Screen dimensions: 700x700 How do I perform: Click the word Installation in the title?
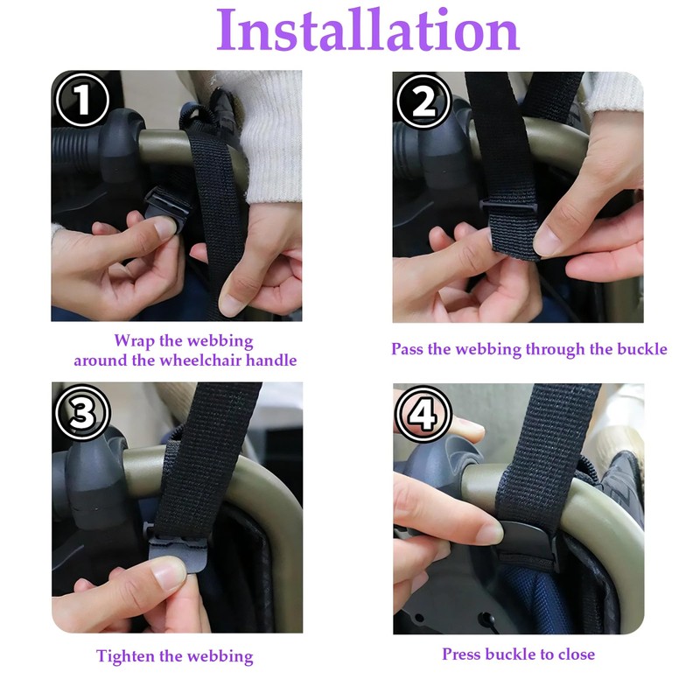coord(367,31)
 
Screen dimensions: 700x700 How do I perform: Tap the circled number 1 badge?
coord(82,100)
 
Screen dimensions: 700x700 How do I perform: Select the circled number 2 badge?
coord(423,101)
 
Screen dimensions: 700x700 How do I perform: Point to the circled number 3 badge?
coord(82,412)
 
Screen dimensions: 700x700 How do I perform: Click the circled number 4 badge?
coord(423,414)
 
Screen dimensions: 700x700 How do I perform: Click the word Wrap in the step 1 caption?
coord(135,341)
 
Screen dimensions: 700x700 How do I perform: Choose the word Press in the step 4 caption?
coord(462,654)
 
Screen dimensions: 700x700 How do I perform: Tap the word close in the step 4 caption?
coord(577,654)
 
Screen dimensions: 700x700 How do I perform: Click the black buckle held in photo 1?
coord(165,207)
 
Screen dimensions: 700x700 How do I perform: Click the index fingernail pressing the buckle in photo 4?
coord(491,534)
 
